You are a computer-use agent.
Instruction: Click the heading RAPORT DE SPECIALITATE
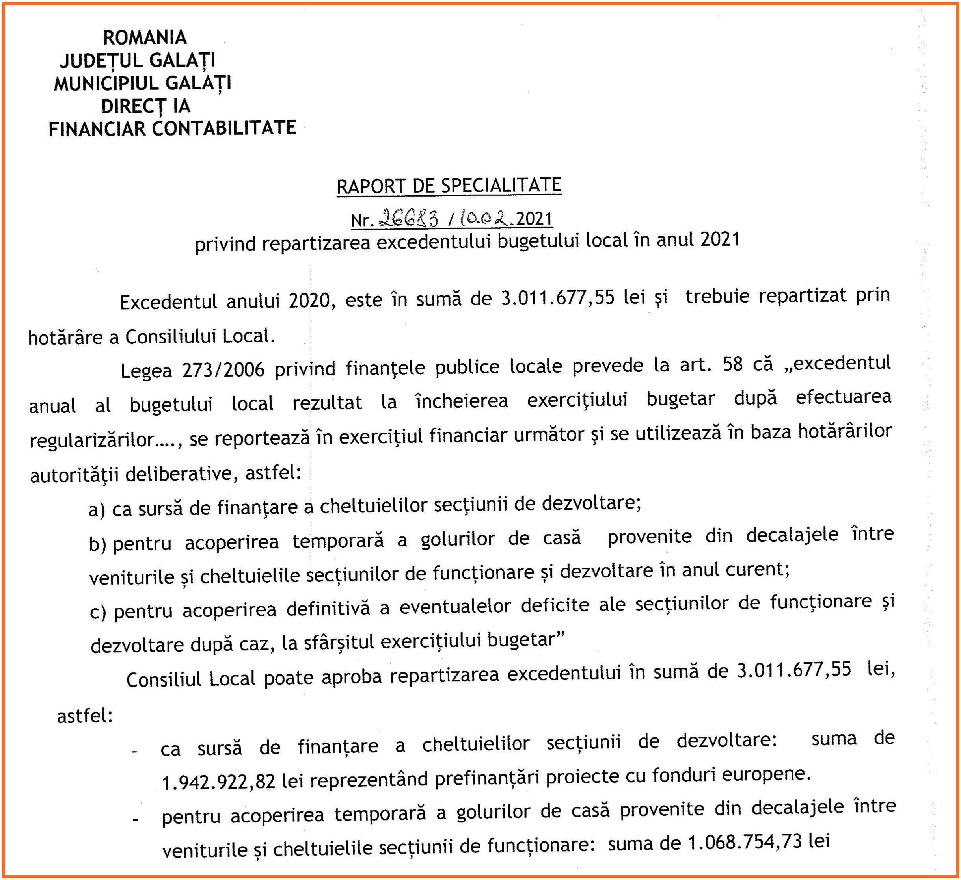(449, 186)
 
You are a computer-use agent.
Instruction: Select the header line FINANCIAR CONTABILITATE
(172, 129)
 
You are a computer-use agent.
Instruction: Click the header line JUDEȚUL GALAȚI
(137, 61)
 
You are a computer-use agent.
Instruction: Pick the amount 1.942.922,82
(218, 782)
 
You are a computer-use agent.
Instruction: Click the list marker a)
(97, 510)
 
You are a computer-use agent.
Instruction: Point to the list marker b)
(97, 544)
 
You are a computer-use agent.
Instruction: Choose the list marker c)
(98, 611)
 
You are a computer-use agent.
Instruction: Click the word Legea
(146, 371)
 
